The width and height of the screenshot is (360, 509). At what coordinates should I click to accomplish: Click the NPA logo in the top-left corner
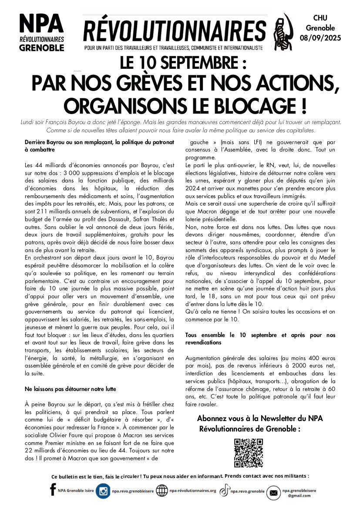(x=41, y=33)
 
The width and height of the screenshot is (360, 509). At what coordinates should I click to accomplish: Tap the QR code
(x=249, y=453)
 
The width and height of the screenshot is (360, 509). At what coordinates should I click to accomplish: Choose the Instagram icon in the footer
(x=103, y=491)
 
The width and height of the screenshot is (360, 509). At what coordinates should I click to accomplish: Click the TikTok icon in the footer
(x=224, y=491)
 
